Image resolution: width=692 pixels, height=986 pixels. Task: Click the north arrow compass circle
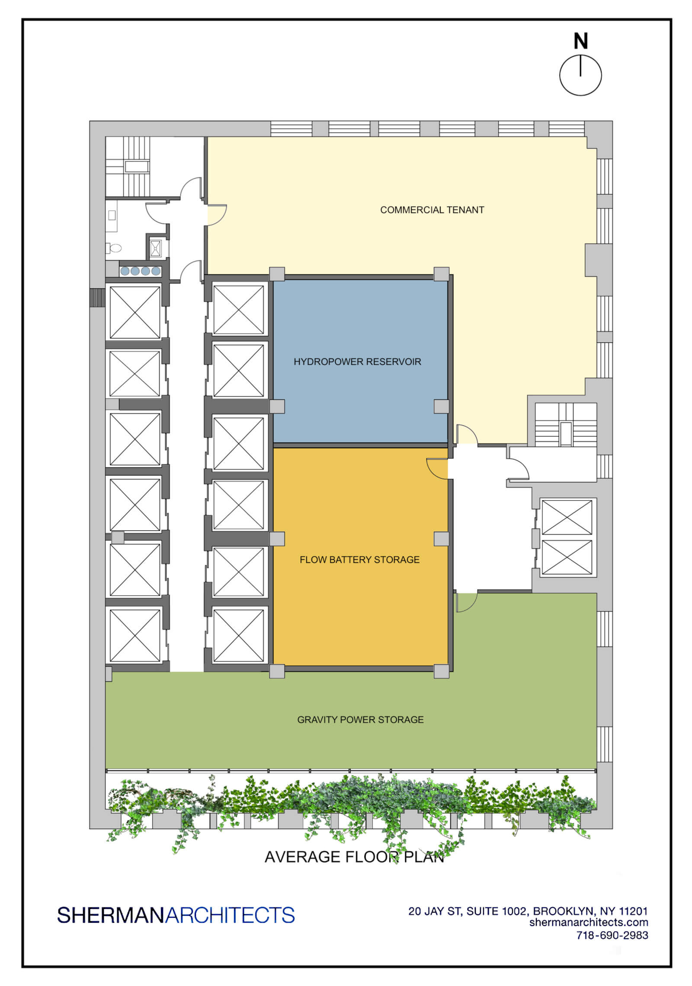tap(580, 75)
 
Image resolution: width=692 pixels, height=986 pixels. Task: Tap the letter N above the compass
tap(580, 41)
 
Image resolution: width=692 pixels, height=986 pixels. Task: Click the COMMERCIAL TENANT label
tap(432, 210)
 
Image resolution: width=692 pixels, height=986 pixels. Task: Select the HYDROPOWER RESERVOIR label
tap(357, 362)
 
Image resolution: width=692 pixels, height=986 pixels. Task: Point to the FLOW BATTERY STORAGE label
tap(359, 560)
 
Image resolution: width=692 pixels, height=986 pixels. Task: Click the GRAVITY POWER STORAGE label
tap(360, 720)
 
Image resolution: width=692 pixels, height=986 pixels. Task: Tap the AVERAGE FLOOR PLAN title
tap(354, 857)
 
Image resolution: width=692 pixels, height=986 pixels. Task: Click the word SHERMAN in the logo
tap(111, 916)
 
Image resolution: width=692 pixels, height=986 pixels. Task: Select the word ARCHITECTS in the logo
tap(230, 916)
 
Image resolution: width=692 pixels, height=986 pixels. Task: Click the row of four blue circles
tap(140, 271)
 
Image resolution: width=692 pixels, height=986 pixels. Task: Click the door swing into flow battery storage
tap(437, 468)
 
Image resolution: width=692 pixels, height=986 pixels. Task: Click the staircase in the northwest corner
tap(128, 167)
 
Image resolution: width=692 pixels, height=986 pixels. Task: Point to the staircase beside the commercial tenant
tap(566, 425)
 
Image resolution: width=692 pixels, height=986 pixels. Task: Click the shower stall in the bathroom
tap(155, 248)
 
